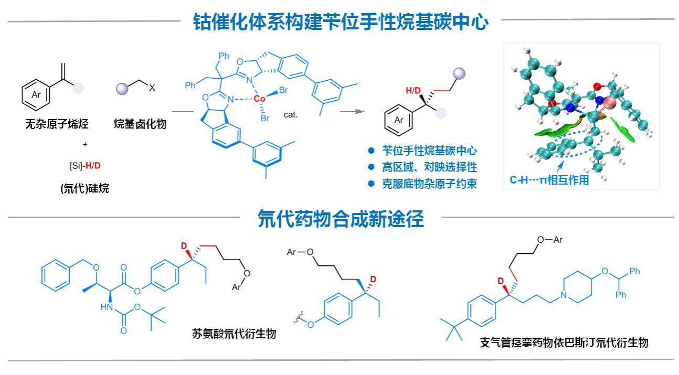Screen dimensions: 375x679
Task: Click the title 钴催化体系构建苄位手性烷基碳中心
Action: (x=341, y=22)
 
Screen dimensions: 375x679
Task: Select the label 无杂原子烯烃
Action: (x=57, y=124)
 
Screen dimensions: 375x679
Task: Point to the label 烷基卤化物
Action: (x=141, y=124)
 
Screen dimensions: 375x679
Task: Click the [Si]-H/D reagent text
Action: (x=85, y=166)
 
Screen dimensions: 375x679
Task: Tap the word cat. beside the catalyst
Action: (x=291, y=114)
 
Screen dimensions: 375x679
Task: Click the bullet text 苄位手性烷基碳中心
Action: (x=429, y=151)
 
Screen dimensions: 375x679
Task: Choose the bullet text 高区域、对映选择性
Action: (x=429, y=167)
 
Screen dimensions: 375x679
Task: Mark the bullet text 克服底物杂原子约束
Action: (x=429, y=184)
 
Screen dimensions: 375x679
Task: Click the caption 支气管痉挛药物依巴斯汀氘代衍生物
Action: (x=564, y=342)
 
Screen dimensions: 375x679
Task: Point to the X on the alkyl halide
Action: (x=152, y=89)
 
